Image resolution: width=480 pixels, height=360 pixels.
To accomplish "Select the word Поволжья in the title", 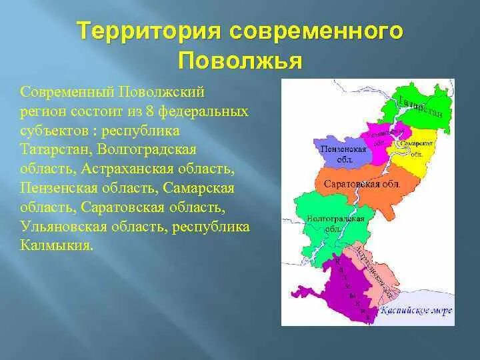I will click(x=240, y=61).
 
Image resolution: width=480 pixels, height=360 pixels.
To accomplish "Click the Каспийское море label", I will click(x=415, y=310).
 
